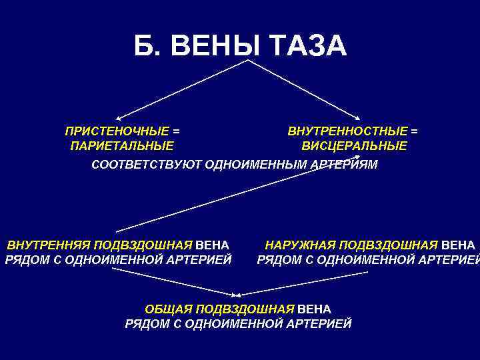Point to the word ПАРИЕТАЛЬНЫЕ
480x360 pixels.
122,146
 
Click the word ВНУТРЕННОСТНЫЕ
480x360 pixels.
347,131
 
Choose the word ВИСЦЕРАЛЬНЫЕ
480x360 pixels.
354,146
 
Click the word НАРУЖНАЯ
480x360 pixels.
300,245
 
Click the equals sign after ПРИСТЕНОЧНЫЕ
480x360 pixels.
176,131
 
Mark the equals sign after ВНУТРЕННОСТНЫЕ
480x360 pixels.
415,131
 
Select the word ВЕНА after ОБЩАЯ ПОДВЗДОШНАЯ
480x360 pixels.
314,309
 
